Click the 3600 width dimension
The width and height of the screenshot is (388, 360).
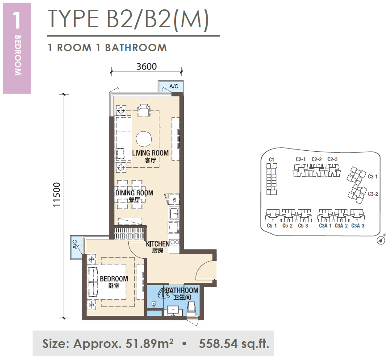pyautogui.click(x=146, y=66)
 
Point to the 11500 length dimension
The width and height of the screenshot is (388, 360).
pyautogui.click(x=57, y=195)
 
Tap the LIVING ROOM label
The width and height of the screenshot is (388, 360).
pyautogui.click(x=150, y=153)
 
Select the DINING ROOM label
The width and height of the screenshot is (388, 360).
pyautogui.click(x=134, y=193)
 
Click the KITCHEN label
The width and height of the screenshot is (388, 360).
pyautogui.click(x=158, y=244)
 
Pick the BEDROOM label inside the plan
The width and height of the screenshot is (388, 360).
pyautogui.click(x=114, y=279)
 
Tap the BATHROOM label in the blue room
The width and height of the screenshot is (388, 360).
pyautogui.click(x=182, y=290)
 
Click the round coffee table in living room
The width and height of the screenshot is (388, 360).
pyautogui.click(x=143, y=139)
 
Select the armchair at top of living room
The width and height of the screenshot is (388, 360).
pyautogui.click(x=144, y=110)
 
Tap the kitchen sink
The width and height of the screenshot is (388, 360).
pyautogui.click(x=174, y=213)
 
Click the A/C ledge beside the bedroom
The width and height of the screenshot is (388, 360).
pyautogui.click(x=76, y=247)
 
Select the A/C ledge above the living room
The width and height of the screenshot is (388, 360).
pyautogui.click(x=171, y=86)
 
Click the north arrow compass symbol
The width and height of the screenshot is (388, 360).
pyautogui.click(x=381, y=240)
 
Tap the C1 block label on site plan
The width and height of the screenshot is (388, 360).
pyautogui.click(x=271, y=160)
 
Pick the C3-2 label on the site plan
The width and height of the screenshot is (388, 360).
pyautogui.click(x=373, y=194)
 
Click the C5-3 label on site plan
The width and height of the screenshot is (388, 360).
pyautogui.click(x=303, y=226)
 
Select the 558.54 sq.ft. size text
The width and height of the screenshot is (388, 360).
pyautogui.click(x=234, y=343)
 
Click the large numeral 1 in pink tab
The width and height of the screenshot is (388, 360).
pyautogui.click(x=17, y=20)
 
